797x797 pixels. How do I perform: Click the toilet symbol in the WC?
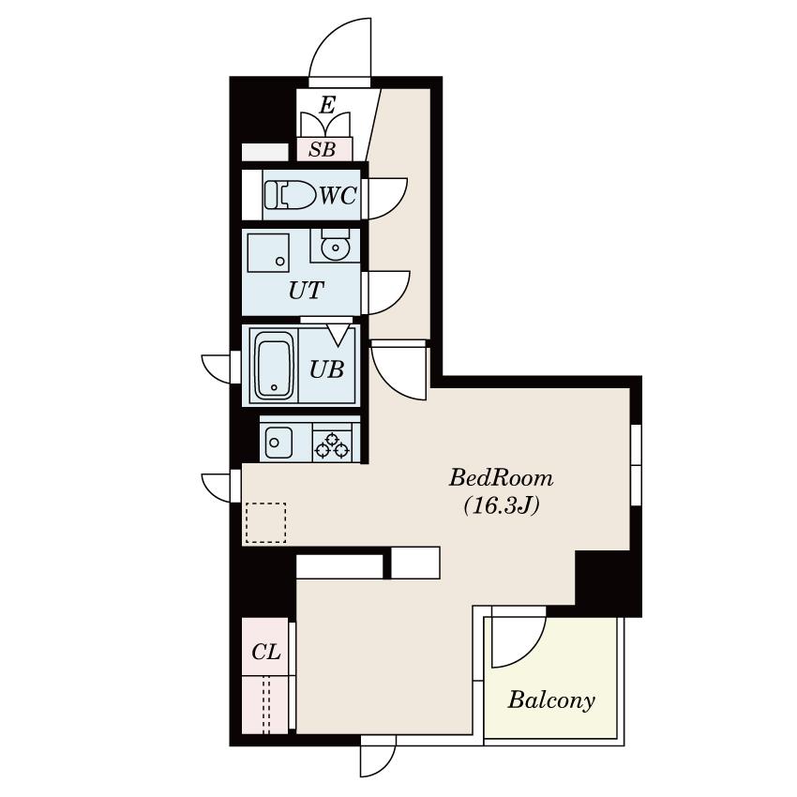[x=290, y=195]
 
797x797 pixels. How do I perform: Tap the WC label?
[x=338, y=195]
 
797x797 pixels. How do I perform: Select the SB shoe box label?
[x=323, y=149]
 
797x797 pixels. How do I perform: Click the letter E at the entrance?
[x=328, y=105]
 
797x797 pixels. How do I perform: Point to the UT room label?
[x=306, y=291]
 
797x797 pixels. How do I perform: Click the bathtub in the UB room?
[x=274, y=365]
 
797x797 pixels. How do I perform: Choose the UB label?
[x=327, y=369]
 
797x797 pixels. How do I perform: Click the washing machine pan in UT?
[x=268, y=252]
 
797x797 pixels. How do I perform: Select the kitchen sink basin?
[x=278, y=442]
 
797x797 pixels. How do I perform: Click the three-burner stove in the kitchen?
[x=331, y=445]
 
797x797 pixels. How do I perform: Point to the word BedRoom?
[x=501, y=478]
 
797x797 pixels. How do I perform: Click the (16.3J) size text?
[x=502, y=505]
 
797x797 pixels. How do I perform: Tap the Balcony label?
[x=551, y=700]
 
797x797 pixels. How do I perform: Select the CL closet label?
[x=266, y=651]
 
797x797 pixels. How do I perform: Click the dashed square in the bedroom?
[x=266, y=522]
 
